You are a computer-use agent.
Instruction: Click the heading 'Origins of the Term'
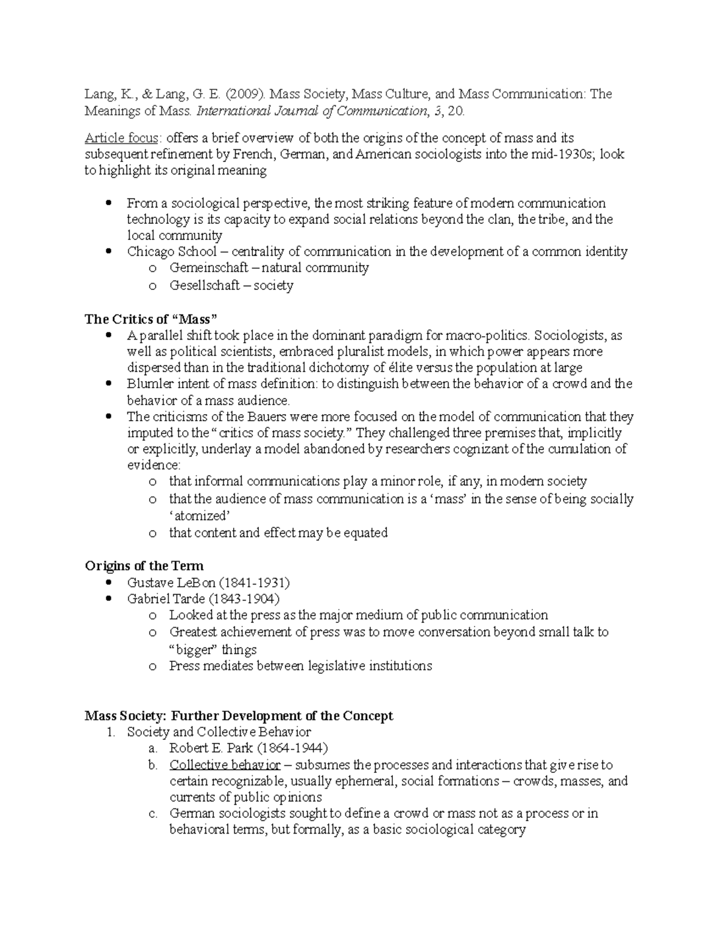click(144, 566)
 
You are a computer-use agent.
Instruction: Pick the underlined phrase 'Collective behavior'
click(225, 765)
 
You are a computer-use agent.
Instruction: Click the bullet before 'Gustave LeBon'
click(109, 583)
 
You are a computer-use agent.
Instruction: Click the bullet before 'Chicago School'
click(109, 251)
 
